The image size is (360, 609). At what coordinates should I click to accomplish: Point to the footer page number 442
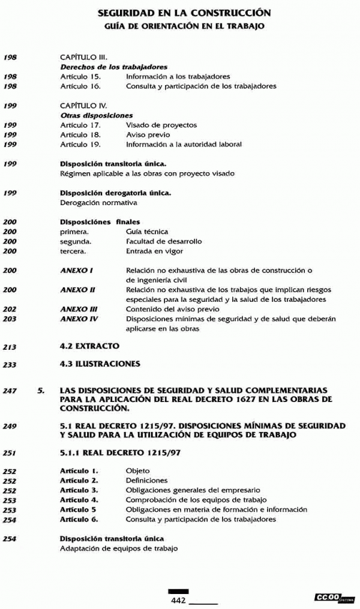[179, 600]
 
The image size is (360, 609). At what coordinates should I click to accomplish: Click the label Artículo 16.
[80, 86]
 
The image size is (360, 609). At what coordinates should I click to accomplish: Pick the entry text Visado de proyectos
[161, 125]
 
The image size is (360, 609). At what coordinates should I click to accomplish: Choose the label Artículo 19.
[80, 145]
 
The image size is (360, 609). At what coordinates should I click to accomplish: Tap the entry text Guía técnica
[147, 232]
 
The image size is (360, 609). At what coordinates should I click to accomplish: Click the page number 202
[10, 310]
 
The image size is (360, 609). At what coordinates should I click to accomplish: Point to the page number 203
[10, 319]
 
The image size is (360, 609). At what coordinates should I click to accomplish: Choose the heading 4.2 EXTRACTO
[90, 346]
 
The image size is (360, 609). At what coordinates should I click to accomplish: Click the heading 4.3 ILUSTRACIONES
[100, 364]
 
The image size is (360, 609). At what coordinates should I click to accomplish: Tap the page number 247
[10, 391]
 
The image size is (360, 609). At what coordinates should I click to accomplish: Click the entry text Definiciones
[147, 481]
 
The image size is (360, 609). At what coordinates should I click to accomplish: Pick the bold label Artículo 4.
[79, 500]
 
